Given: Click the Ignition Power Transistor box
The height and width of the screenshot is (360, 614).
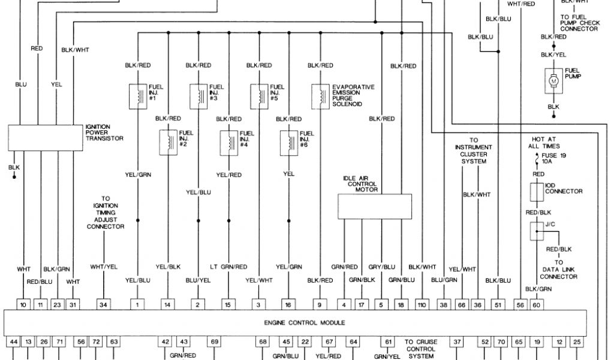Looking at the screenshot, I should coord(46,137).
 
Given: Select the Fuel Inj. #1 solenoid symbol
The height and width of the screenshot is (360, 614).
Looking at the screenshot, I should coord(138,95).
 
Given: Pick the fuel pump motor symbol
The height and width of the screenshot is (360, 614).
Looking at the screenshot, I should coord(553,80).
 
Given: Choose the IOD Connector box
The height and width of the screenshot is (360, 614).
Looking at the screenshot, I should coord(536,191).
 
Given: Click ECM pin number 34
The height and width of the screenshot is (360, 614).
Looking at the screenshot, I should coord(104,305).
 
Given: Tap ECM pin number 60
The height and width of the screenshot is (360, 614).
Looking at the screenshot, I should coord(535,305).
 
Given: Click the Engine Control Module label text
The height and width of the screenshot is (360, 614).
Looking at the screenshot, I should coord(305,323).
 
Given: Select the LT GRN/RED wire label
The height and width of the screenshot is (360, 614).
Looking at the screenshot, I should coord(228,266).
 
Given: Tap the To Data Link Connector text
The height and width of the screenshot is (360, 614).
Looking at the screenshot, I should coord(558,269).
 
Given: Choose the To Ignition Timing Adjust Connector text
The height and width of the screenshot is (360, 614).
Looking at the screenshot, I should coord(106,212).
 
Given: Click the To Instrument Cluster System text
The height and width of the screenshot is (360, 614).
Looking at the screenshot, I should coord(473,151).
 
